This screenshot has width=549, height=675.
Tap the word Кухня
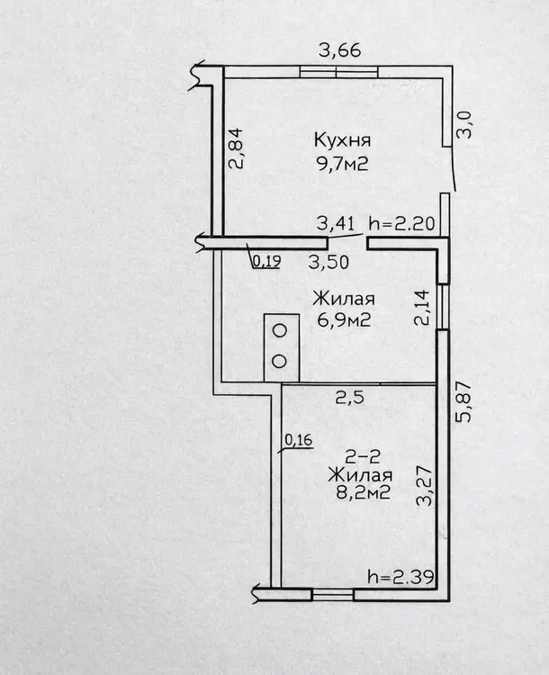pyautogui.click(x=343, y=141)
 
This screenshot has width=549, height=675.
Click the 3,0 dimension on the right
pyautogui.click(x=464, y=123)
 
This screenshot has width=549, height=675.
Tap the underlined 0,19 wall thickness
pyautogui.click(x=265, y=262)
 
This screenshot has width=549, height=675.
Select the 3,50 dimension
pyautogui.click(x=330, y=263)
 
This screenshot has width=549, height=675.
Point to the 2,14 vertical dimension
pyautogui.click(x=419, y=306)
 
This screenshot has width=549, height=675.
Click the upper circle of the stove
pyautogui.click(x=280, y=331)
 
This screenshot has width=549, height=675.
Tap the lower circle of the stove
pyautogui.click(x=280, y=362)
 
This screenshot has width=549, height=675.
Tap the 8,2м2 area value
pyautogui.click(x=359, y=493)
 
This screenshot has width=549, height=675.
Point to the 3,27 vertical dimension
pyautogui.click(x=422, y=487)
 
